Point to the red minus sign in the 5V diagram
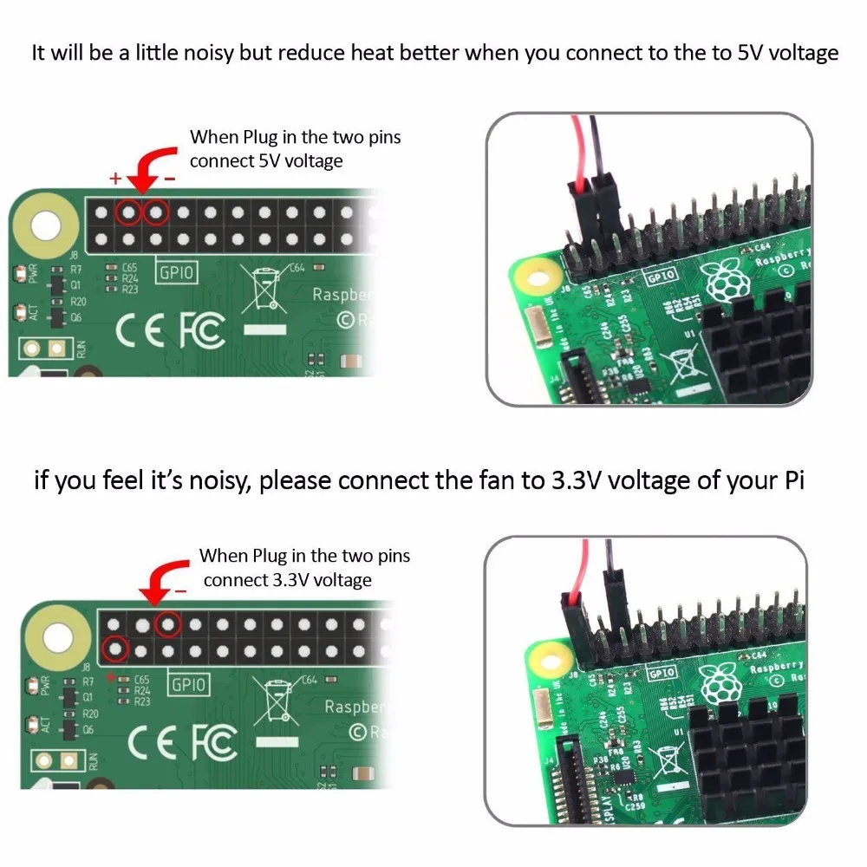tap(170, 179)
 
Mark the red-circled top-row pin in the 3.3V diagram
tap(168, 622)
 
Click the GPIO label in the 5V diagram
tap(177, 274)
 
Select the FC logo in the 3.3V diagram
tap(213, 743)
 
